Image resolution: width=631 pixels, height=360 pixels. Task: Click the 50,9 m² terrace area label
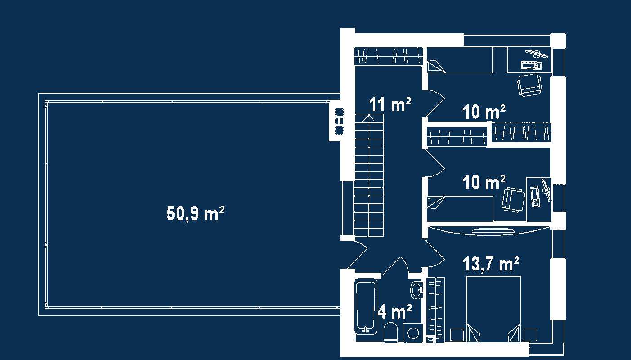[x=195, y=213]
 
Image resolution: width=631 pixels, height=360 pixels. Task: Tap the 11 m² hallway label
[x=390, y=104]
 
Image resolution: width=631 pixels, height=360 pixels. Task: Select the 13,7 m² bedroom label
[x=491, y=264]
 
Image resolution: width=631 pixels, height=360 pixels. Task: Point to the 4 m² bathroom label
[x=395, y=311]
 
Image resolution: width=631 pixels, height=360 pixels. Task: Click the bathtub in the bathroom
[x=366, y=306]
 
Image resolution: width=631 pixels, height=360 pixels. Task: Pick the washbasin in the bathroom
[x=416, y=289]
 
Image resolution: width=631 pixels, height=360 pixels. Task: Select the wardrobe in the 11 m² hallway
[x=389, y=56]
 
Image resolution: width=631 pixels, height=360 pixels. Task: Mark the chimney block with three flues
[x=338, y=121]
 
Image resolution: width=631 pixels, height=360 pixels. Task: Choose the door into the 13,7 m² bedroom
[x=434, y=255]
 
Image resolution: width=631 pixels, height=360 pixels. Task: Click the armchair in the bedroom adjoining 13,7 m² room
[x=513, y=199]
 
